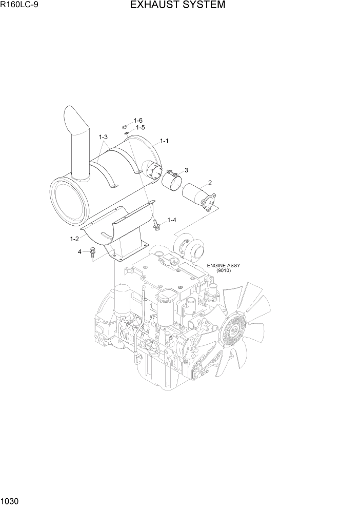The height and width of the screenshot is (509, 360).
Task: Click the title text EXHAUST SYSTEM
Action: click(x=177, y=6)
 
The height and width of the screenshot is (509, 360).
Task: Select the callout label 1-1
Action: click(x=165, y=141)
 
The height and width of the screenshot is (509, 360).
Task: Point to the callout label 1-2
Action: click(x=74, y=239)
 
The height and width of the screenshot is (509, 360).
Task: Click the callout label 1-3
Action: click(x=103, y=137)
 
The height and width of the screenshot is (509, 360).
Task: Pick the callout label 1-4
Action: click(x=172, y=220)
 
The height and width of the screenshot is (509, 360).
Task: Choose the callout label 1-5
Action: click(x=140, y=127)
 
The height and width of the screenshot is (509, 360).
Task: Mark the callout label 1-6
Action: click(x=138, y=120)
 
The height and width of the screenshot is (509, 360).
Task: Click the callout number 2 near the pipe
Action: click(x=210, y=183)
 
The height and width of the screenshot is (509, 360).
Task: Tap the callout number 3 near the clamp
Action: click(x=186, y=170)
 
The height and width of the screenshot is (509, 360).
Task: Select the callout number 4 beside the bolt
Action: click(x=79, y=251)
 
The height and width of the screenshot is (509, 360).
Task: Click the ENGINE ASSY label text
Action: click(x=223, y=266)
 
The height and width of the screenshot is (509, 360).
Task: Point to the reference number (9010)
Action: click(x=223, y=271)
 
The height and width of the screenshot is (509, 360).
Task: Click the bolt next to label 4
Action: click(x=92, y=251)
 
